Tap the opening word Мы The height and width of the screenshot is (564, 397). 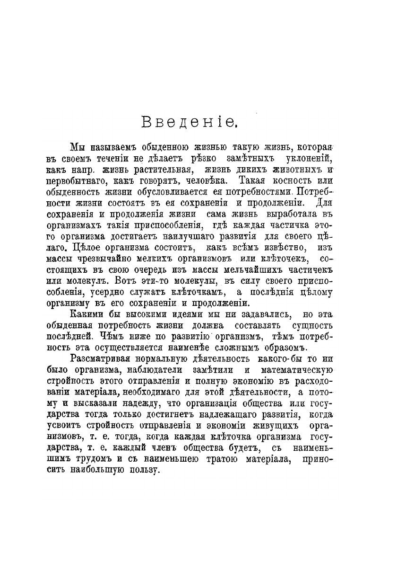coord(76,147)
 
